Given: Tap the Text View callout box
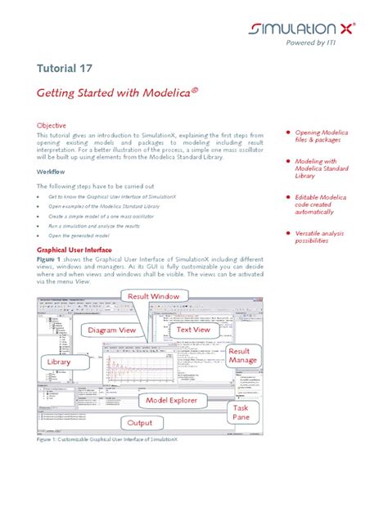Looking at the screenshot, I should [x=194, y=330].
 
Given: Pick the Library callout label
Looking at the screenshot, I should [x=58, y=361].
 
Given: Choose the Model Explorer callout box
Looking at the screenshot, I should [x=174, y=400].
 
